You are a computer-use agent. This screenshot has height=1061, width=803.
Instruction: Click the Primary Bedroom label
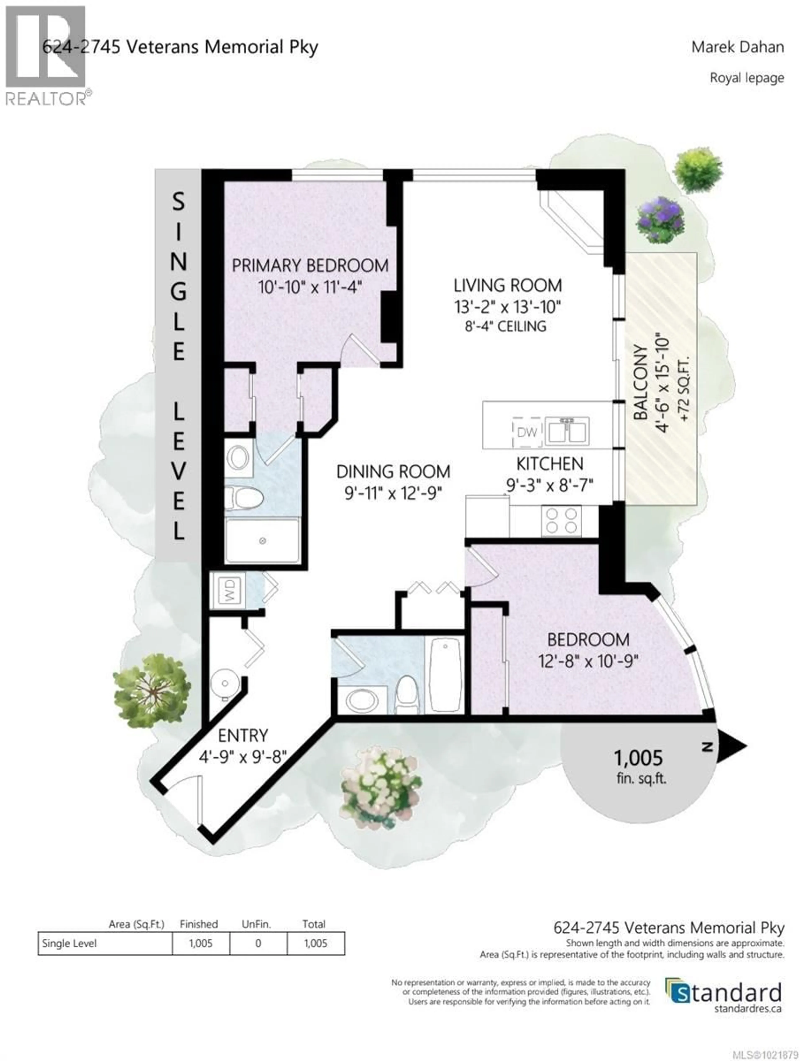coord(310,265)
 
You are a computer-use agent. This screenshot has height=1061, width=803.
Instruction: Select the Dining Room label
coord(393,471)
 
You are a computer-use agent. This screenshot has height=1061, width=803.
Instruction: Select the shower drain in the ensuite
coord(262,541)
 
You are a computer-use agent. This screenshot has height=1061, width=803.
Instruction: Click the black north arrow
coord(732,747)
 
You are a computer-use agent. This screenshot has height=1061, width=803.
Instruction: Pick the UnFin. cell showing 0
coord(258,943)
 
